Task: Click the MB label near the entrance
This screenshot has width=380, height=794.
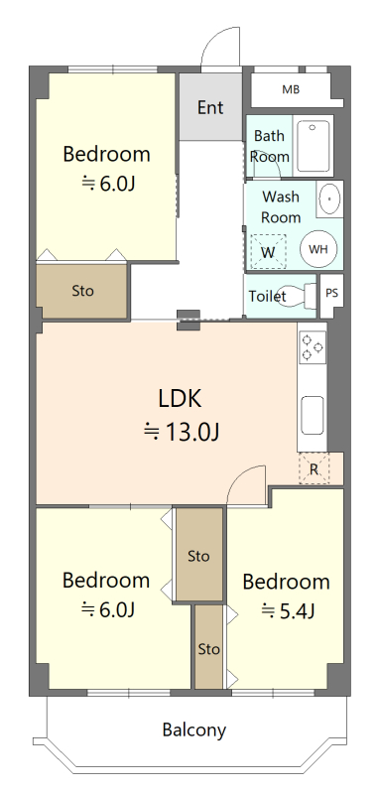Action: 291,90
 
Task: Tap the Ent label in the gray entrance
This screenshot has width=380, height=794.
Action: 210,107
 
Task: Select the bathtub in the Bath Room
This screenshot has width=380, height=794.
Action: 314,145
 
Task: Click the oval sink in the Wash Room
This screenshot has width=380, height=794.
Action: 330,198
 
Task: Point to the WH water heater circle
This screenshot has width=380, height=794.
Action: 318,249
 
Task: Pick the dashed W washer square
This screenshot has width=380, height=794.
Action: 269,251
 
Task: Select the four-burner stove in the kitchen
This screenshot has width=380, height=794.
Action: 312,347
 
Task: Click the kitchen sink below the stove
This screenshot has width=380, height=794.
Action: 313,415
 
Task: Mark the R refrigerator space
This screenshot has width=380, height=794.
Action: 314,468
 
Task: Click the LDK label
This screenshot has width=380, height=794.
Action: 180,399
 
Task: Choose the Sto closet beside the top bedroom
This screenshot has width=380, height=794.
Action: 82,291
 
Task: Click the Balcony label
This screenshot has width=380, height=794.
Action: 193,730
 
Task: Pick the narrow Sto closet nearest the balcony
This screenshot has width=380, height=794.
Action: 209,648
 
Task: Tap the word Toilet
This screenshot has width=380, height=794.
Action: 268,296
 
